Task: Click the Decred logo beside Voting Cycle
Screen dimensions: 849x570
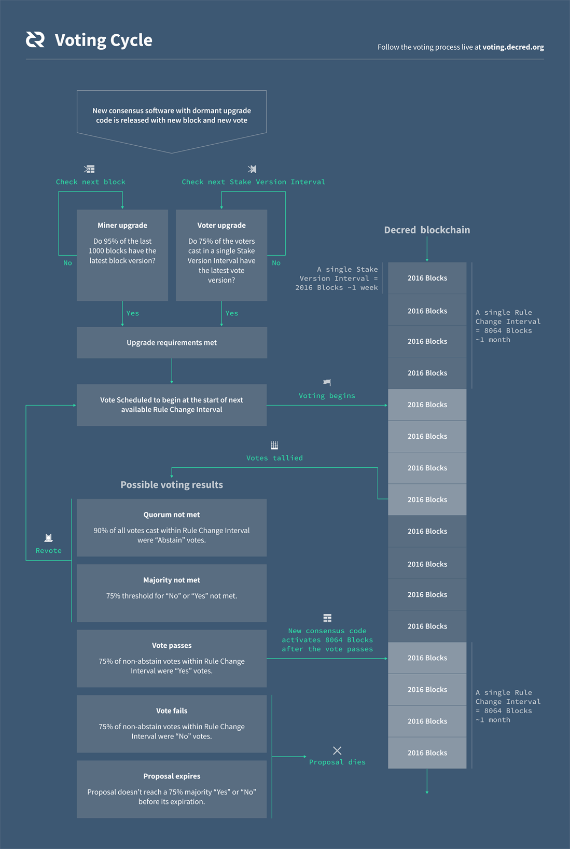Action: (35, 39)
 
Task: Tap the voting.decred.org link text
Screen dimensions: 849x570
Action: (513, 47)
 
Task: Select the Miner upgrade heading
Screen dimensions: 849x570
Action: (122, 225)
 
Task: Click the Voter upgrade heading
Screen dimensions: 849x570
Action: (221, 225)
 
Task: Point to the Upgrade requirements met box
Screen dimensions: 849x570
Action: (172, 342)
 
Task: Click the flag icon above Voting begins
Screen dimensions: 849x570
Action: (327, 382)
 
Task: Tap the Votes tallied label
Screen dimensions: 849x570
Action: (274, 458)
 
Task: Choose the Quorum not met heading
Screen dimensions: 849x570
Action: (172, 514)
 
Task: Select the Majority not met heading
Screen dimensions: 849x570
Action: (172, 580)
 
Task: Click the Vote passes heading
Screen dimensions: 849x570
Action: (172, 645)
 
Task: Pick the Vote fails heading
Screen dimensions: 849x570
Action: (172, 711)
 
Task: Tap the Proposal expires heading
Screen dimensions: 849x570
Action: (172, 776)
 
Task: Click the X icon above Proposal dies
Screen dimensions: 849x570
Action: (337, 750)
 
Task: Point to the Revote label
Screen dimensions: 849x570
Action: (49, 551)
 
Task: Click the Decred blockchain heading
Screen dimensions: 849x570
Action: (427, 230)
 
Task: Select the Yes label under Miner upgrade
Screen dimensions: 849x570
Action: (133, 313)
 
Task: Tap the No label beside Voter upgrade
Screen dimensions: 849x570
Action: (276, 263)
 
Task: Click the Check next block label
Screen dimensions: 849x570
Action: (91, 182)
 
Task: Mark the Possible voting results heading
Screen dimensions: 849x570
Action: (172, 484)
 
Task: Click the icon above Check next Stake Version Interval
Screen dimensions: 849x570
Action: (252, 169)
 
